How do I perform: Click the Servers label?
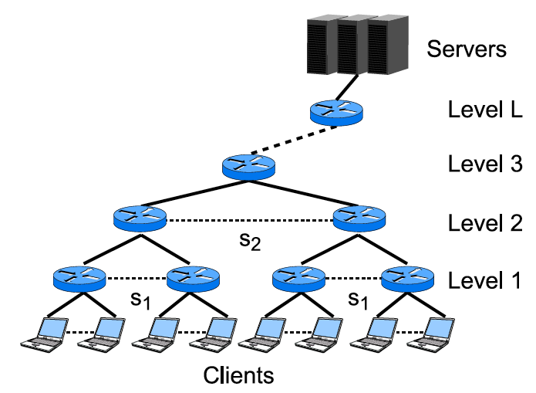[x=467, y=49]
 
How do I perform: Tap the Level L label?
[x=485, y=110]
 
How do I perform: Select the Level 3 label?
[x=485, y=164]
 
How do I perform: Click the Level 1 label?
[x=485, y=280]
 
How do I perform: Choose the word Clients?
[x=238, y=376]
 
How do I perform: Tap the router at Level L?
[x=335, y=113]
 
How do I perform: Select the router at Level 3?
[x=248, y=166]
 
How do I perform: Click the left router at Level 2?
[x=140, y=216]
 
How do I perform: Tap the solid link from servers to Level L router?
[x=347, y=86]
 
